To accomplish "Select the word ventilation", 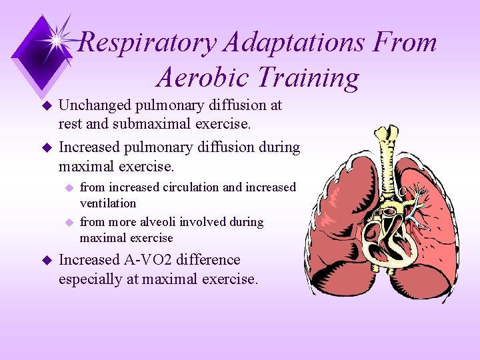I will click(107, 203).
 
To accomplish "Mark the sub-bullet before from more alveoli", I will click(68, 223).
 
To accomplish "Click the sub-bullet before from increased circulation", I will click(68, 188).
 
